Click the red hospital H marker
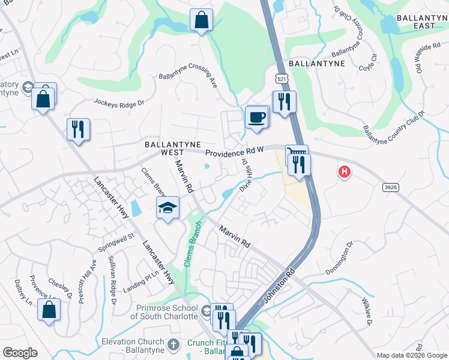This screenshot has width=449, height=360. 344,173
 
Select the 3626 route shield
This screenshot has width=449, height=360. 390,188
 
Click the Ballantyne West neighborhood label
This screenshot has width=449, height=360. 164,149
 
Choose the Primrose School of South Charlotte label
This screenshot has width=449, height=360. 164,311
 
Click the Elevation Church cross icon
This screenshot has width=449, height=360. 174,344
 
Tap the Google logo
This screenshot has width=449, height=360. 20,353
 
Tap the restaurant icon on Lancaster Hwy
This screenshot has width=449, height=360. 79,129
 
